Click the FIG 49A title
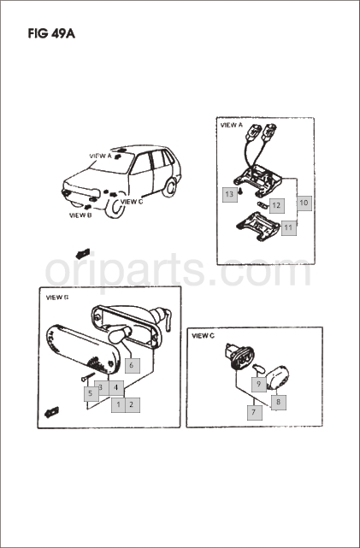(51, 33)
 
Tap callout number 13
(229, 194)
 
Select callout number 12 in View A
(276, 205)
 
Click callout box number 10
(304, 203)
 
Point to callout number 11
(288, 228)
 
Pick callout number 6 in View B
(132, 366)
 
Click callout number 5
(91, 394)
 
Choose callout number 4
(116, 387)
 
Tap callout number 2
(132, 405)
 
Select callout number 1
(119, 405)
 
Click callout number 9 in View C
(258, 385)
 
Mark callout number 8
(278, 403)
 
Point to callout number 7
(254, 412)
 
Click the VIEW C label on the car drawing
(132, 202)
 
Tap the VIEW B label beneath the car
(80, 215)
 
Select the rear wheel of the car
(169, 187)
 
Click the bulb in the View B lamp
(119, 334)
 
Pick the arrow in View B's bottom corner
(51, 412)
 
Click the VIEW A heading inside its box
(231, 125)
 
